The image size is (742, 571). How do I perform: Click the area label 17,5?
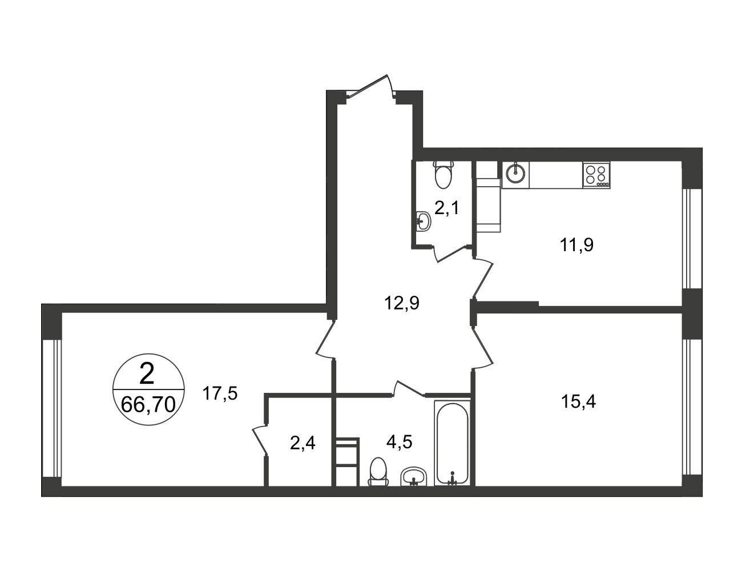[x=220, y=393]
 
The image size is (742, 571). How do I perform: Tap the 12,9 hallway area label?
[x=402, y=303]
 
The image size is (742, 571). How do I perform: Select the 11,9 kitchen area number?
[x=576, y=245]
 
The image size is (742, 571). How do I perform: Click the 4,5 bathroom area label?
[x=399, y=442]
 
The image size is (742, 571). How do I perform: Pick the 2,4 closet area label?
[x=303, y=444]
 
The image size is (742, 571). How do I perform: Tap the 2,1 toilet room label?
[x=447, y=208]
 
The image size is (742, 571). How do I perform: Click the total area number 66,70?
[x=148, y=405]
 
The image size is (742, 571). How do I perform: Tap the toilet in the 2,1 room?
[x=444, y=175]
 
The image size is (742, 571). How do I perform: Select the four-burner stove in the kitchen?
[x=596, y=175]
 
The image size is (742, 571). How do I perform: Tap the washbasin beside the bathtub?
[x=414, y=476]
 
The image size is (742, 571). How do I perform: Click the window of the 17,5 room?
[x=51, y=408]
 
